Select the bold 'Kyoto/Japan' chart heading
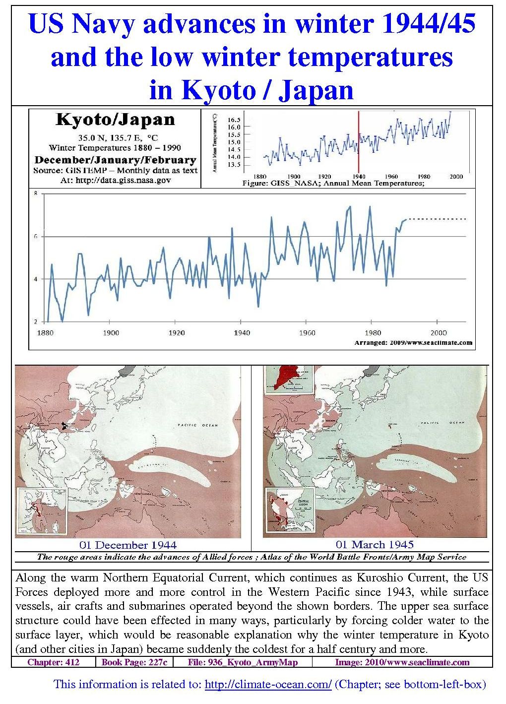click(x=115, y=120)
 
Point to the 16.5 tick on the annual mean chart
click(x=234, y=120)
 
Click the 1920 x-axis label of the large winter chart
click(x=176, y=333)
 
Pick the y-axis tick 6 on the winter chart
click(x=35, y=237)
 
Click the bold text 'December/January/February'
click(x=115, y=160)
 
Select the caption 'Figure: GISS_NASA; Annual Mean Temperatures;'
click(x=333, y=183)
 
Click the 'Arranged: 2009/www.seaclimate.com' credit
click(x=413, y=342)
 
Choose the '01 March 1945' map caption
click(x=375, y=544)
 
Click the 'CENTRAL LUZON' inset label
click(x=303, y=504)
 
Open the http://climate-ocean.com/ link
click(x=268, y=685)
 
